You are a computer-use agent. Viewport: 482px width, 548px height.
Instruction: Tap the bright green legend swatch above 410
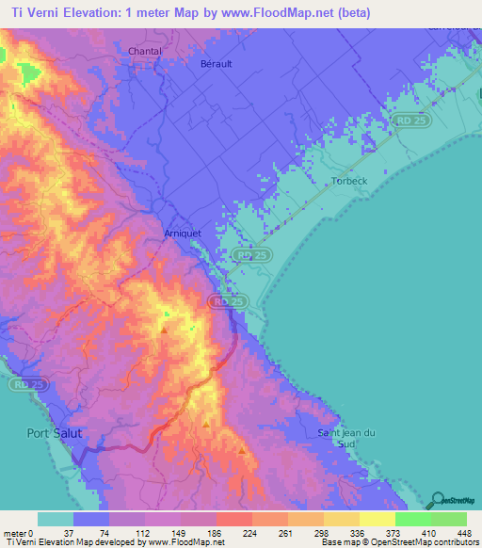click(x=412, y=519)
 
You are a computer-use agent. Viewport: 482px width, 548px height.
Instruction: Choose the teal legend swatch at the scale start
click(x=56, y=519)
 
